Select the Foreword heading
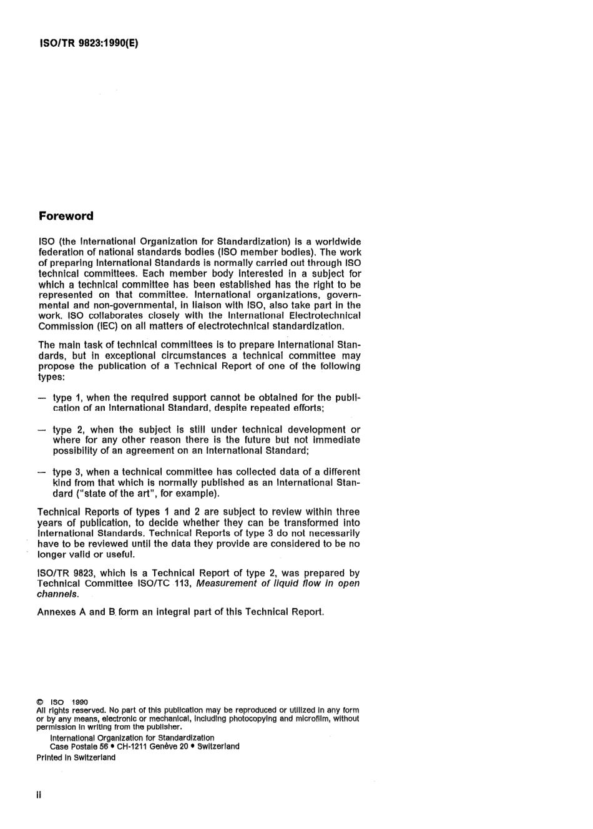click(x=66, y=217)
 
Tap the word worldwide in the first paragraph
click(x=338, y=242)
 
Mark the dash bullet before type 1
click(x=42, y=398)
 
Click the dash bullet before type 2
click(x=42, y=429)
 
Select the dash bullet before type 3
click(x=42, y=472)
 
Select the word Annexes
click(x=56, y=612)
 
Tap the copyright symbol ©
click(x=40, y=702)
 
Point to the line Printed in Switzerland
click(x=76, y=758)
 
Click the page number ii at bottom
click(x=39, y=796)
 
